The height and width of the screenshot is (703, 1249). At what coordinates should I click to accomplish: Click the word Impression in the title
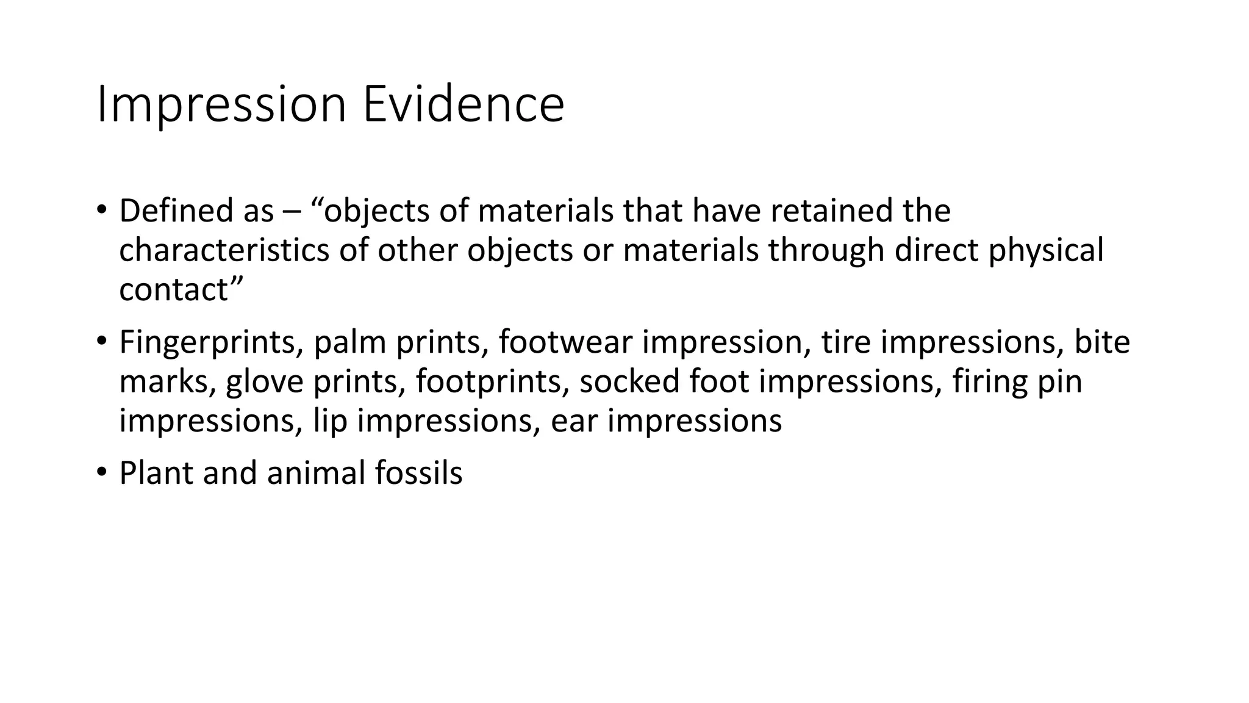pos(221,105)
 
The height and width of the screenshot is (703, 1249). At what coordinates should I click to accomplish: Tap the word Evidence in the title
pos(463,105)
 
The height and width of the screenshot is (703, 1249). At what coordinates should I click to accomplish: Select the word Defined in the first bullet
pos(172,211)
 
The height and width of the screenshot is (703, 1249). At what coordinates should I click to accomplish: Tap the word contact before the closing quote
pos(173,289)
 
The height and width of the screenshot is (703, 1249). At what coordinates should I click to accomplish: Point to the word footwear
pos(565,342)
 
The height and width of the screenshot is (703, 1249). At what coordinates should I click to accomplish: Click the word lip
pos(330,421)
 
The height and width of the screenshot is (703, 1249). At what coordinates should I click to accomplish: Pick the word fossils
pos(418,474)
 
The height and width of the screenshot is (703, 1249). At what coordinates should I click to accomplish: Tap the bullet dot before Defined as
pos(101,209)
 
